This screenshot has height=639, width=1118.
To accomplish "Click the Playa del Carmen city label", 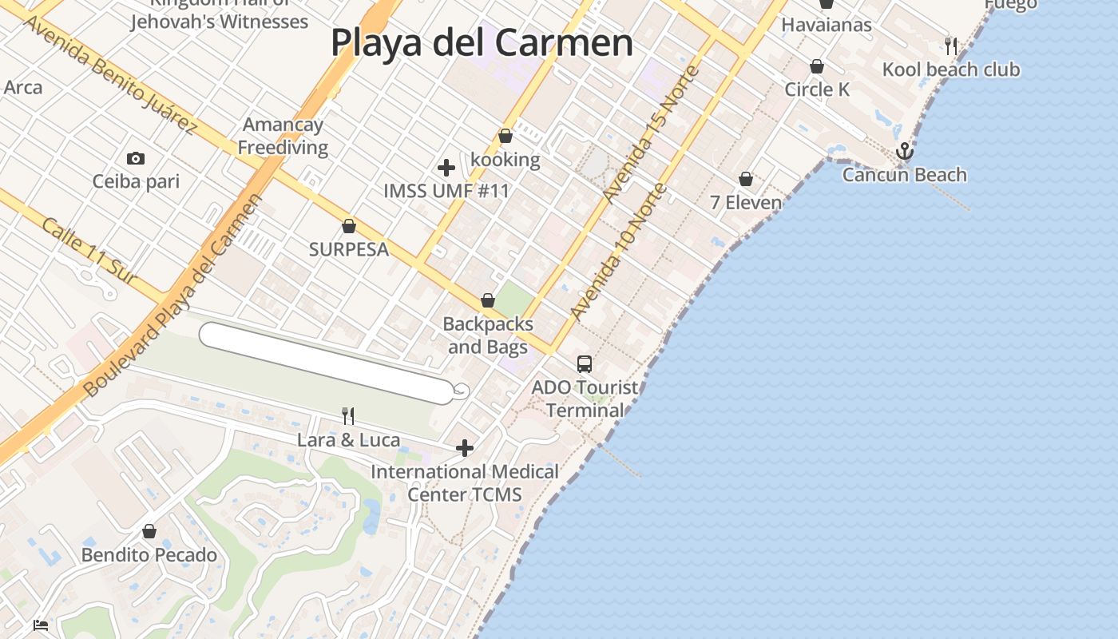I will (482, 42).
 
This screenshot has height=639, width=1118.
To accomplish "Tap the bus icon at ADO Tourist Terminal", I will (585, 364).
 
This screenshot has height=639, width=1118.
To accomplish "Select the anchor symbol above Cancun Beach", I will (904, 151).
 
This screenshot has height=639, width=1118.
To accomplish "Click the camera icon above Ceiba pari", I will (136, 158).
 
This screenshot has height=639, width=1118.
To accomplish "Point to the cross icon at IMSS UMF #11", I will (446, 168).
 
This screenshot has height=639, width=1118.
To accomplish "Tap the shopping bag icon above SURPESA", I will (348, 226).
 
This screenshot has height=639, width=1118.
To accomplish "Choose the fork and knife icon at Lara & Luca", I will (348, 415).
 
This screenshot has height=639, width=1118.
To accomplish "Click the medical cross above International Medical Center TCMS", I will (465, 448).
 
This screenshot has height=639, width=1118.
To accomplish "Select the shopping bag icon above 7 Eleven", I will (746, 179).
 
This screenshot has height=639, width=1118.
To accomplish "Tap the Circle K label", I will (817, 89).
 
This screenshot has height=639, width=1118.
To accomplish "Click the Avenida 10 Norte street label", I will (619, 252).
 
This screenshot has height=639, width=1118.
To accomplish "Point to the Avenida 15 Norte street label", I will (652, 134).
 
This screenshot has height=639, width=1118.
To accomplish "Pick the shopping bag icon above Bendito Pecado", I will (149, 531).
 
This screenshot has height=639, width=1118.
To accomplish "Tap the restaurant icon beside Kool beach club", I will (950, 46).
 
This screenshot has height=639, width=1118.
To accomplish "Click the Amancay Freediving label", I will (283, 136).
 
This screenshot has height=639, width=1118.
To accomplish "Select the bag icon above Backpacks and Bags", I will (488, 300).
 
